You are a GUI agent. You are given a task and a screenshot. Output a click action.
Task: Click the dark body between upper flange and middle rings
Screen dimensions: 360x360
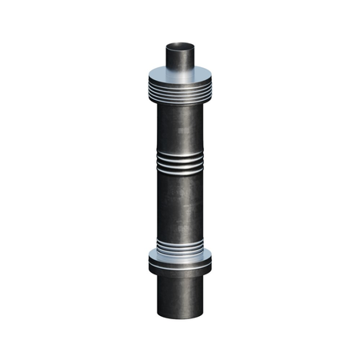180,128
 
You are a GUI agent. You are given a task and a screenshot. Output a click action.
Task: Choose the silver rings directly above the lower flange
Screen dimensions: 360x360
180,246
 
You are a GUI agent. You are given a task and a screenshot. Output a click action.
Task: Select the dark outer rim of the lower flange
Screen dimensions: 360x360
180,266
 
